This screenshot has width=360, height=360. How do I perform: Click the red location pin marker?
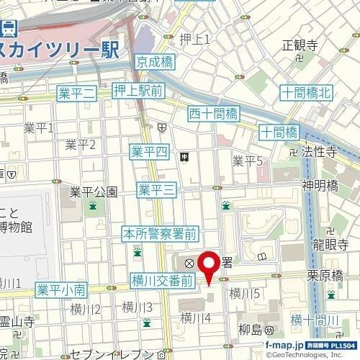(210, 268)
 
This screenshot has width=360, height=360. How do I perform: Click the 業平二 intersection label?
(76, 92)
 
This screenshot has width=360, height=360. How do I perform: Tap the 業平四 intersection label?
(149, 151)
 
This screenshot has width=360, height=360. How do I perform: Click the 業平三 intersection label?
(156, 189)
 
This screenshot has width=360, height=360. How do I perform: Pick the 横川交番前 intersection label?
(163, 279)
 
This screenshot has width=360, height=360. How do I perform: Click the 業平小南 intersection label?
(61, 290)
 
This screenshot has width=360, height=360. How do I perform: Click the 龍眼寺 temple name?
(330, 244)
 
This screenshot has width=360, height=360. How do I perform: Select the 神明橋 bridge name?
(320, 185)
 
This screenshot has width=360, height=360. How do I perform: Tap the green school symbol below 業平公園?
(92, 207)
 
